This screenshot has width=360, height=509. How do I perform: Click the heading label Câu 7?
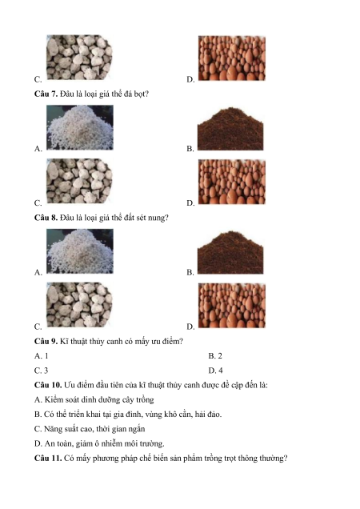(x=46, y=94)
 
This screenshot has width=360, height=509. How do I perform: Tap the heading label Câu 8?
(x=46, y=218)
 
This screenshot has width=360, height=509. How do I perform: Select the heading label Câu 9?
(x=46, y=342)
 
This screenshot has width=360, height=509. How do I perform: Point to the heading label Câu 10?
(x=48, y=385)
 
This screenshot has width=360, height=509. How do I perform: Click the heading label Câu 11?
(x=48, y=459)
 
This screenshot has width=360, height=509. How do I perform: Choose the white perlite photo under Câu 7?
(x=80, y=127)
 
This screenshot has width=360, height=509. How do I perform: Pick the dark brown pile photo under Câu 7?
(x=230, y=129)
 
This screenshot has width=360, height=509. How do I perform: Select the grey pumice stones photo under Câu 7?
(x=79, y=181)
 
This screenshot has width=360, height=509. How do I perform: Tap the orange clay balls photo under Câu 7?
(x=232, y=182)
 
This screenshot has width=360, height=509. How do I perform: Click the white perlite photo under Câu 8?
(x=80, y=251)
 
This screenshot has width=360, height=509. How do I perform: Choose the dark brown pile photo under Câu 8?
(x=230, y=253)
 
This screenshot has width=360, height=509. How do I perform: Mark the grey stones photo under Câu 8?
(x=79, y=305)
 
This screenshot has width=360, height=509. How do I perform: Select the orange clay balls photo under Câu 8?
(x=232, y=306)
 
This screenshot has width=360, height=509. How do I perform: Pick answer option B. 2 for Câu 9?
(x=215, y=356)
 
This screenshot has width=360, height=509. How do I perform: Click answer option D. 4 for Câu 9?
(x=215, y=371)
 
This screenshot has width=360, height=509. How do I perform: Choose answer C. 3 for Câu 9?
(x=42, y=371)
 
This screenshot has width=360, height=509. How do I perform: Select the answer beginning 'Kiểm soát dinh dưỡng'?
(x=94, y=400)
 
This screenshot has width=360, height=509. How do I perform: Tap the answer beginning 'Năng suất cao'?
(x=90, y=429)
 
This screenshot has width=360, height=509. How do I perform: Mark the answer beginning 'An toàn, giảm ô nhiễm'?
(x=99, y=443)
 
